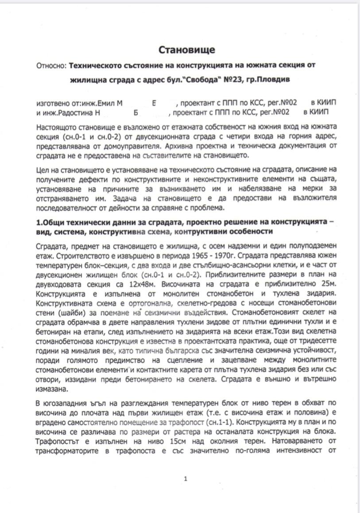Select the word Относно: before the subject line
pyautogui.click(x=51, y=65)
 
